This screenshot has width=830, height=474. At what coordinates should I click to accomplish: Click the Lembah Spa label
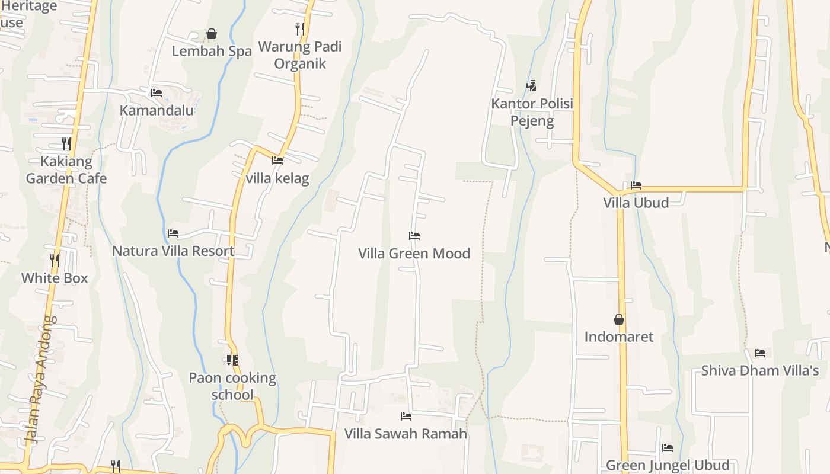point(212,51)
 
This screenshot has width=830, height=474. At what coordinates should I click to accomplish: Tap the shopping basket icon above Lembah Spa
point(212,34)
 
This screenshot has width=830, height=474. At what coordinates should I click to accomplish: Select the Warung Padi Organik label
point(300,55)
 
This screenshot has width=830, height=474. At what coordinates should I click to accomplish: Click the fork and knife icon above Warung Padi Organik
point(300,28)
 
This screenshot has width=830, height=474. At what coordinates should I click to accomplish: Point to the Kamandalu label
point(157,110)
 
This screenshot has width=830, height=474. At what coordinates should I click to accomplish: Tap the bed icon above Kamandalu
point(157,92)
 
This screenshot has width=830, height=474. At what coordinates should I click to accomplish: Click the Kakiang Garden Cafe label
point(66,170)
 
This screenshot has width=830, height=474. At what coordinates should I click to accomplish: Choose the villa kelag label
point(277,178)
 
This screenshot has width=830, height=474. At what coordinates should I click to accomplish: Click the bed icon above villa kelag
point(277,160)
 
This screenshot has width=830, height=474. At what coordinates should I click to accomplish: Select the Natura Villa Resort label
point(173,251)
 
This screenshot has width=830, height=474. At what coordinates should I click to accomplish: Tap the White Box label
point(55,278)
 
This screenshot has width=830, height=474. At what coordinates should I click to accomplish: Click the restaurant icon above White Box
point(55,260)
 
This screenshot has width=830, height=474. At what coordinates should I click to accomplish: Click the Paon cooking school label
point(232,386)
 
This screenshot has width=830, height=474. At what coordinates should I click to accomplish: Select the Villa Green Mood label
point(414,254)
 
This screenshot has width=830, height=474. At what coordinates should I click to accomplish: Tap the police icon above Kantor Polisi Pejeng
point(532,85)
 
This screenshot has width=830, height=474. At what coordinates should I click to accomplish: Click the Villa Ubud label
point(636,203)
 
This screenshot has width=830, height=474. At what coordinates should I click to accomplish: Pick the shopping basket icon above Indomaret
point(619,319)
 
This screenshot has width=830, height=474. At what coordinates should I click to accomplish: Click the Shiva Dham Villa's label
point(759,371)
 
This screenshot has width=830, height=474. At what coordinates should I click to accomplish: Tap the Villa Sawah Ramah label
point(406,434)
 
